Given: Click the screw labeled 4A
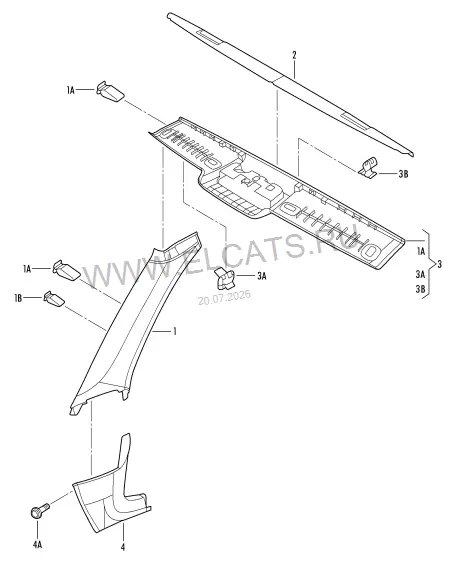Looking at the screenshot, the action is (x=39, y=511).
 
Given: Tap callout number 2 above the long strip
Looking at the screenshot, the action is (x=294, y=55).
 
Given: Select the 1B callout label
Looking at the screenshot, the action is (x=18, y=298).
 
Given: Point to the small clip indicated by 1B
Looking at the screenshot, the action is (x=54, y=298).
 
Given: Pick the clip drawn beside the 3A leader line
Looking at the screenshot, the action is (x=224, y=278).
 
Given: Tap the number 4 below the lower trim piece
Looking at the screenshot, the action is (x=123, y=547).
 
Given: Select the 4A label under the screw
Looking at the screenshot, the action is (x=38, y=544).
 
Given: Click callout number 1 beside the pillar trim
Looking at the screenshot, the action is (x=175, y=331).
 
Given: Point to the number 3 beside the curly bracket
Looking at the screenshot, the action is (x=439, y=265).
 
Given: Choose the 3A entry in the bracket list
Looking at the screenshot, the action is (x=420, y=274).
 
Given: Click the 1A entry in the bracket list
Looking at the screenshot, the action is (x=421, y=251).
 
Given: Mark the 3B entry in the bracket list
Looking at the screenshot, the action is (x=420, y=289).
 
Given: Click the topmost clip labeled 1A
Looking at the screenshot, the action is (x=110, y=91).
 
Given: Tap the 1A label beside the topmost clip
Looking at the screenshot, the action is (x=71, y=90).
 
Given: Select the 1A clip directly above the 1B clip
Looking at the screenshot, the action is (x=66, y=270).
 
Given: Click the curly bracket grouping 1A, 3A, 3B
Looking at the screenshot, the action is (x=429, y=264).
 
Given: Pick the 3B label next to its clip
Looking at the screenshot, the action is (x=403, y=174).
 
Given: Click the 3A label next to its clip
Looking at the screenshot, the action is (x=262, y=276).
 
